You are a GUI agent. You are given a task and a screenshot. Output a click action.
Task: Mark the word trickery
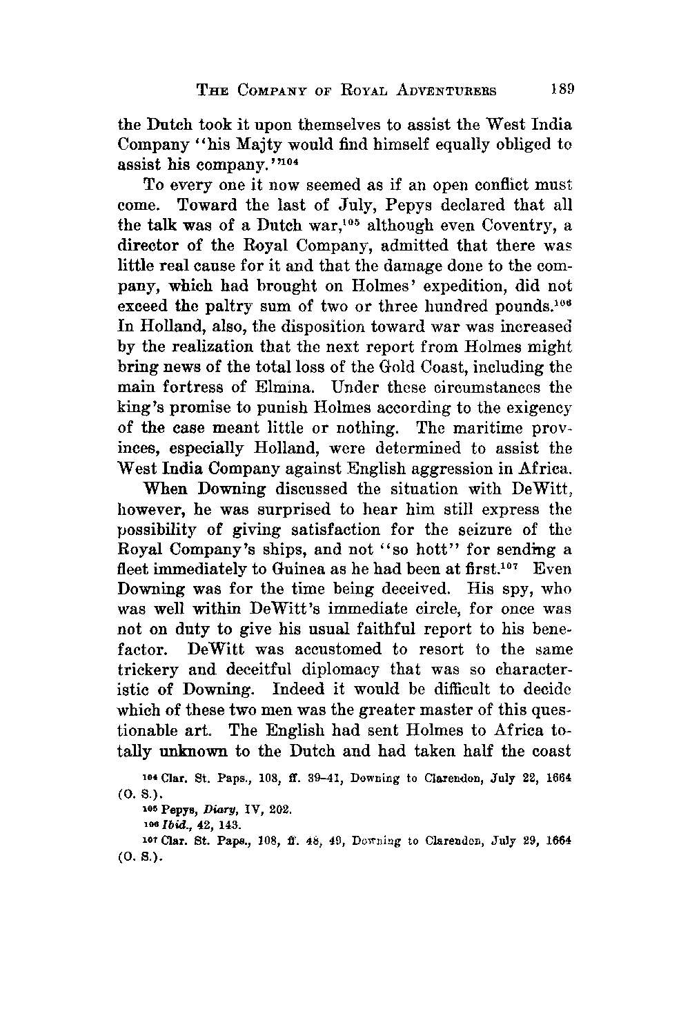[x=150, y=672]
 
